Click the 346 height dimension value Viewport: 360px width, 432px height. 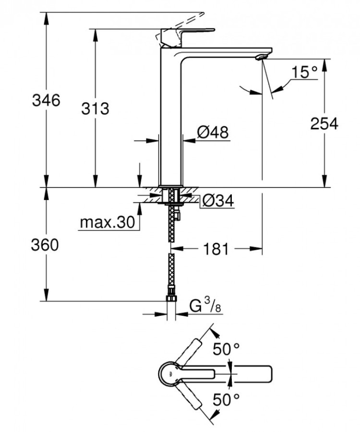pos(46,100)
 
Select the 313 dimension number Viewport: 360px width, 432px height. pos(95,109)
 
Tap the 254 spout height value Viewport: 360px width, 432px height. pos(324,123)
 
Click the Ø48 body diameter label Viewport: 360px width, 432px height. pos(212,131)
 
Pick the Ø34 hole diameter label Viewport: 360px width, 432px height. pos(217,201)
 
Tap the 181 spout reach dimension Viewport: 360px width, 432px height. pos(215,249)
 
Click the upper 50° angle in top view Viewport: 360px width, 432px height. pos(226,350)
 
